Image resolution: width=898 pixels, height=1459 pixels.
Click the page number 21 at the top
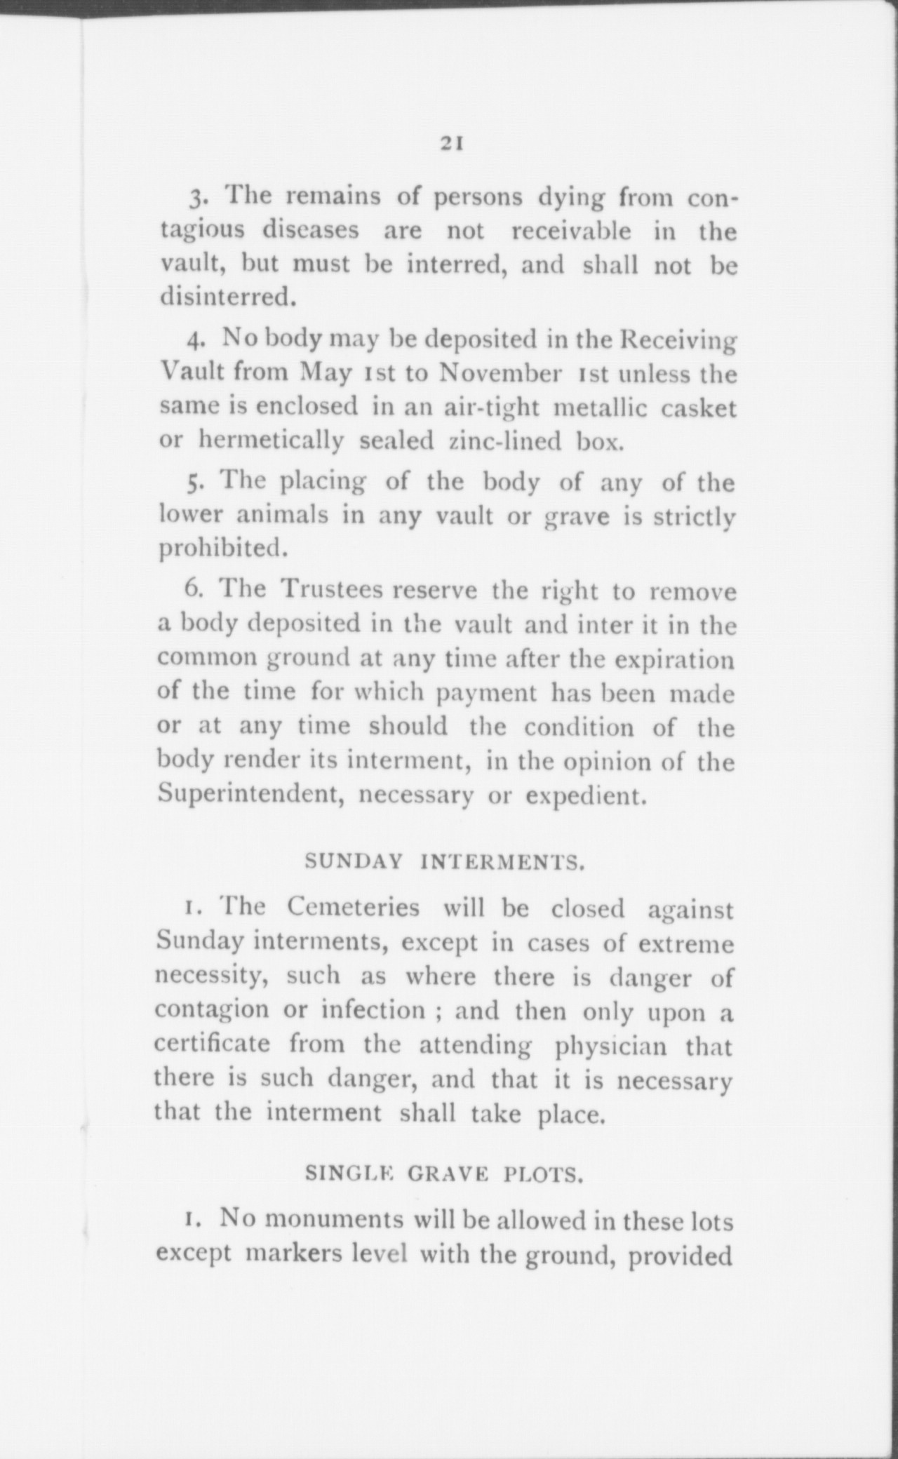(449, 144)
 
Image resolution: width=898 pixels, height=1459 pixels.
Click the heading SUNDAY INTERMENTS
(445, 862)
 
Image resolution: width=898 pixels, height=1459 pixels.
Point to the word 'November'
(500, 372)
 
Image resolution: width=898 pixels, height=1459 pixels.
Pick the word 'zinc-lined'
(504, 442)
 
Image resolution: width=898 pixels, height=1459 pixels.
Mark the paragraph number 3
(196, 199)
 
